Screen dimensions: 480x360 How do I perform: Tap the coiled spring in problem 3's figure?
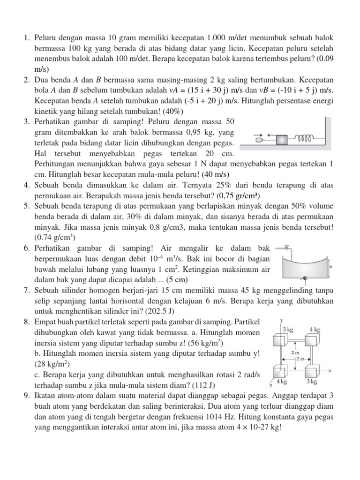pos(304,138)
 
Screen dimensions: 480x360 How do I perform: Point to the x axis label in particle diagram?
pos(330,369)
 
